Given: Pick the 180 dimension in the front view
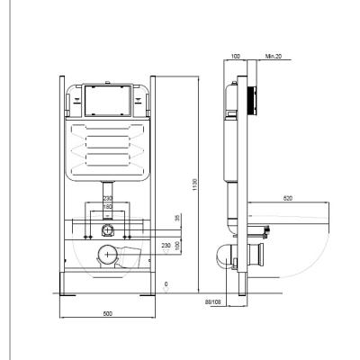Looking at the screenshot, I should (108, 207).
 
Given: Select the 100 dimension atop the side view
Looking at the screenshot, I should (235, 56).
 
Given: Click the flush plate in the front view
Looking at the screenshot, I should (108, 100).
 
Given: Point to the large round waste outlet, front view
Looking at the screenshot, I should (107, 254).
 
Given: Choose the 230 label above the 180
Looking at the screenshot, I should (108, 199).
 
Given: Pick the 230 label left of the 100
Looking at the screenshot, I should (166, 244).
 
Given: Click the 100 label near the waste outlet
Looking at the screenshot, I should (177, 244).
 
